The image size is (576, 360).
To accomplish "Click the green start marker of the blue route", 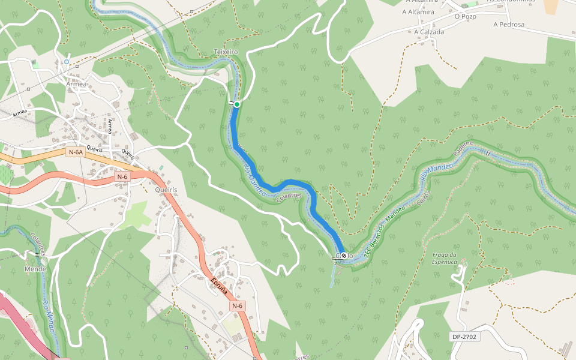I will [x=237, y=104].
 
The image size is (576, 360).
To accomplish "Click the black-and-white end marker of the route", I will [x=344, y=256].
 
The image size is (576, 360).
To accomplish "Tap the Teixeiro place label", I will [x=226, y=52].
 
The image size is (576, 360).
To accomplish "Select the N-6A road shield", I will [x=76, y=152].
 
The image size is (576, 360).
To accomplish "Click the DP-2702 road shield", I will [x=464, y=337].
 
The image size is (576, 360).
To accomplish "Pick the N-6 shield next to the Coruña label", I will [x=238, y=306].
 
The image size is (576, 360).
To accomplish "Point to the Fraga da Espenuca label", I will [x=445, y=258].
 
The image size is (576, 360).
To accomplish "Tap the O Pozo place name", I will [x=465, y=16].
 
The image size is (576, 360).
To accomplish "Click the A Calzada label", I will [x=429, y=32].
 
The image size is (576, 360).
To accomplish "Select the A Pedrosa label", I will [x=509, y=25].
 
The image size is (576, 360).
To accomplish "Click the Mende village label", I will [x=35, y=269].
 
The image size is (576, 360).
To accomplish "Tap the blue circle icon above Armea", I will [x=67, y=62].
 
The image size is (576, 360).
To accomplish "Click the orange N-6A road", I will [x=36, y=160].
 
